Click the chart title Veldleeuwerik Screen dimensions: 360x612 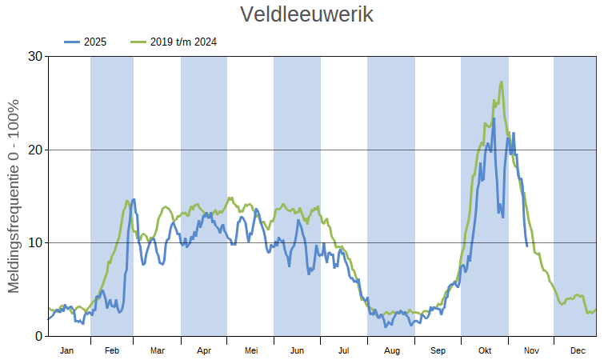click(306, 14)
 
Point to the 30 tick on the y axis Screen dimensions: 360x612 click(34, 57)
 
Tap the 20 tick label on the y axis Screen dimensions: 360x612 click(34, 150)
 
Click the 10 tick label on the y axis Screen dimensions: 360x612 click(34, 242)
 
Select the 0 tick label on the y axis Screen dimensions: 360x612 click(38, 336)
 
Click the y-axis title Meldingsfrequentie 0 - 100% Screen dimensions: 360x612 click(14, 196)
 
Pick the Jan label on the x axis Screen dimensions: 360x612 click(67, 350)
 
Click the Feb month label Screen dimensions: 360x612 click(112, 350)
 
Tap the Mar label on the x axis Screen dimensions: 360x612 click(158, 350)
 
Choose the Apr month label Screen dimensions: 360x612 click(204, 350)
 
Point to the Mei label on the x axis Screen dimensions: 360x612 click(251, 350)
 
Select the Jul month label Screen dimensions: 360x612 click(344, 350)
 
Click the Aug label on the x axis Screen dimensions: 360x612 click(391, 350)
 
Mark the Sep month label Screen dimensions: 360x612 click(438, 350)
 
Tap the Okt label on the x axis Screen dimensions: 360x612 click(485, 350)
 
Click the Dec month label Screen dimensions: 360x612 click(577, 350)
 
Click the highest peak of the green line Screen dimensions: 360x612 click(502, 82)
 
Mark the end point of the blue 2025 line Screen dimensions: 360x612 click(526, 245)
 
